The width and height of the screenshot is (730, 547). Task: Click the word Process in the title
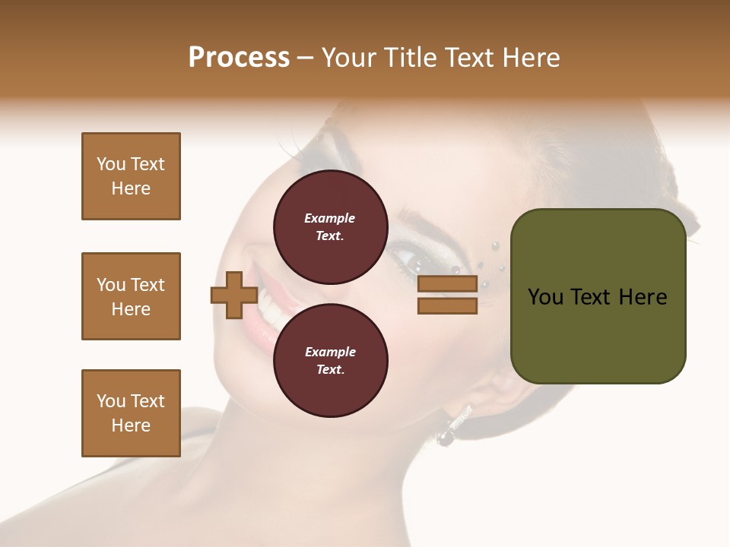(x=239, y=57)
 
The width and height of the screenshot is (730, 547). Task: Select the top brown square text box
(x=131, y=176)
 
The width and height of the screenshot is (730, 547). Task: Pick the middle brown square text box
(x=131, y=296)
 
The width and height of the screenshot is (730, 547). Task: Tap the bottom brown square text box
(x=131, y=413)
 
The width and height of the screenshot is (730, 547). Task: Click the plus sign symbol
(x=233, y=296)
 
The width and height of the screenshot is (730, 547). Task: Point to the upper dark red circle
(x=330, y=226)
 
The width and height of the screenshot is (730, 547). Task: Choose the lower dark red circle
(x=330, y=361)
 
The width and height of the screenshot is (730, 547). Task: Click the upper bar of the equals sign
(x=447, y=284)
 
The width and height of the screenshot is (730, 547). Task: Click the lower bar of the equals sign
(x=447, y=306)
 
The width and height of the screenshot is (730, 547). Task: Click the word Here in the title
(x=528, y=57)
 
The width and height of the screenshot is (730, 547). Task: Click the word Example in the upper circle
(x=330, y=218)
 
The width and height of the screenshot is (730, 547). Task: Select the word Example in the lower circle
(x=330, y=352)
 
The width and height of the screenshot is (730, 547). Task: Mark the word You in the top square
(x=110, y=164)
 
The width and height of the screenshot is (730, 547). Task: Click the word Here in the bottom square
(x=131, y=425)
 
